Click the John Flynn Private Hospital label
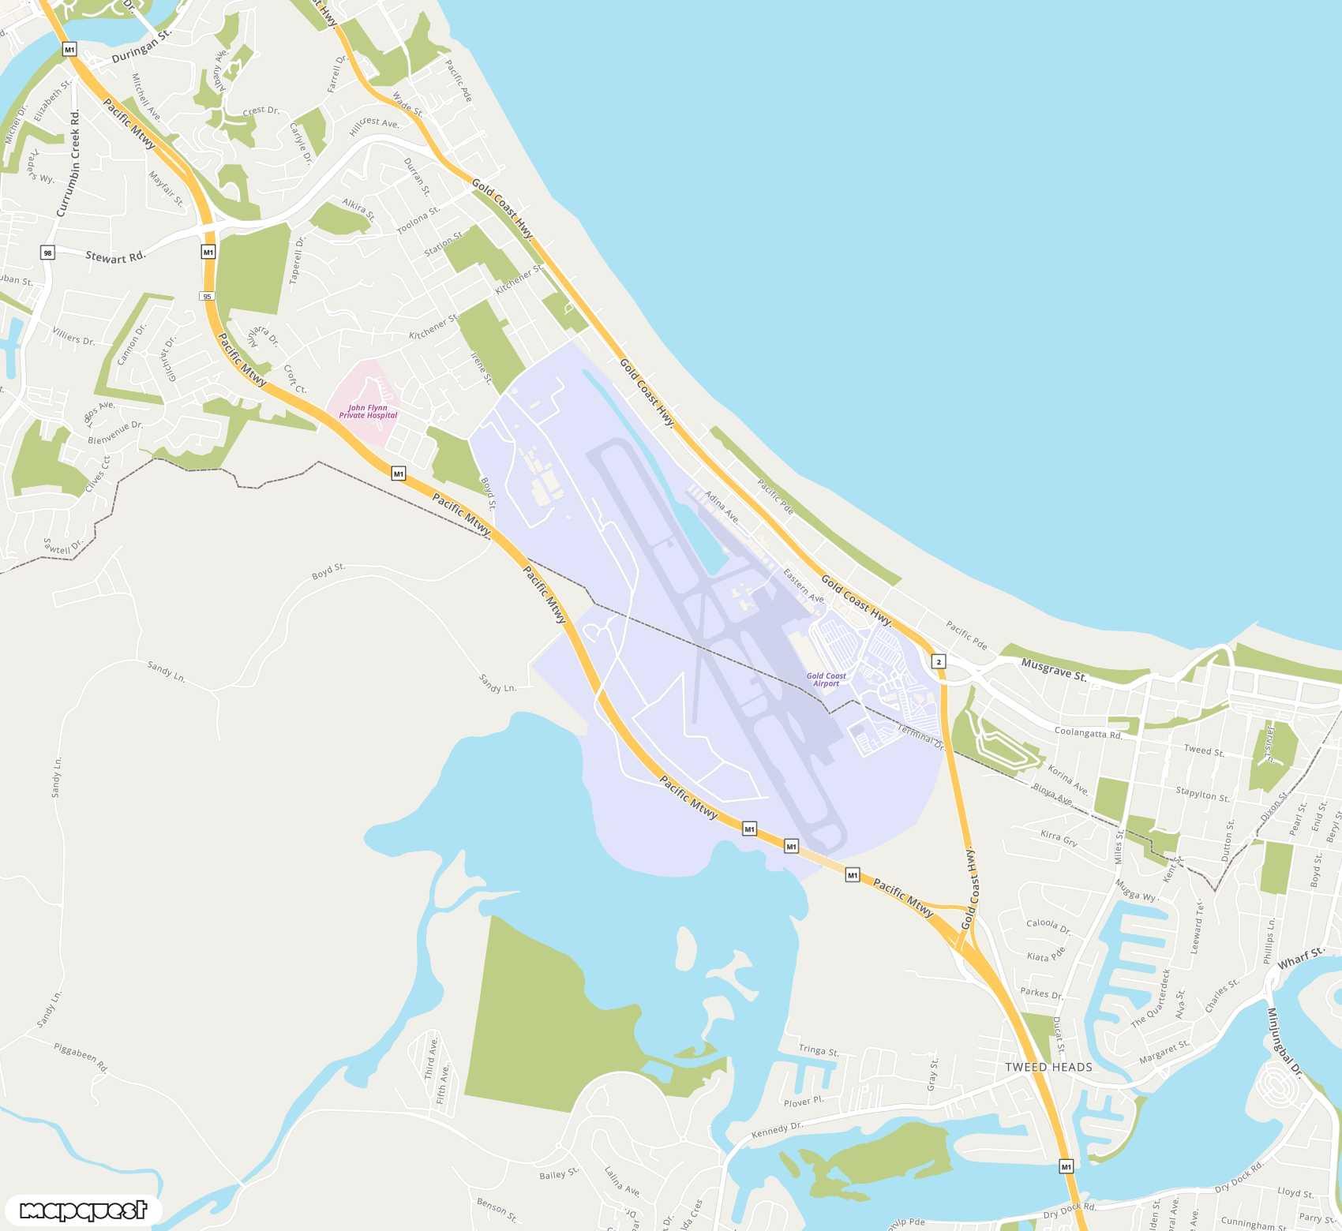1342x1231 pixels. tap(368, 412)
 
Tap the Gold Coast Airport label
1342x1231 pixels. tap(826, 679)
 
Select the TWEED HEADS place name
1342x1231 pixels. tap(1048, 1067)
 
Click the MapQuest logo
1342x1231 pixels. tap(83, 1210)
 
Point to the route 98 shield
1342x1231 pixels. tap(47, 253)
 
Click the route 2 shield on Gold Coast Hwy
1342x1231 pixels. tap(939, 661)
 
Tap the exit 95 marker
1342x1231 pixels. tap(207, 297)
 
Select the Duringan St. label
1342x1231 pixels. tap(141, 47)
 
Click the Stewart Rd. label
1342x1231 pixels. tap(115, 256)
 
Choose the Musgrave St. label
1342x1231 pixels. tap(1054, 670)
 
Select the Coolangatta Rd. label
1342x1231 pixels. tap(1088, 732)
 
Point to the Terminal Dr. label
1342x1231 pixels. tap(920, 736)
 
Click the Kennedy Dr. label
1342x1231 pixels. tap(777, 1130)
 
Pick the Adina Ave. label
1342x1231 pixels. tap(722, 507)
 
